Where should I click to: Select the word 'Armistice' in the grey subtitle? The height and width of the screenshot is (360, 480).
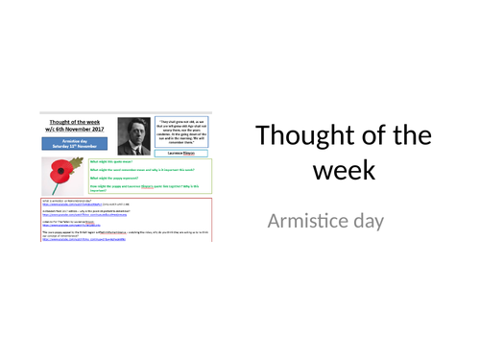coord(313,221)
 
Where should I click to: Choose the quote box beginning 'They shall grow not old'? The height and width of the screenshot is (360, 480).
coord(181,131)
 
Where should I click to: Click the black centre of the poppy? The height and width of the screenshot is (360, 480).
coord(61,171)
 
